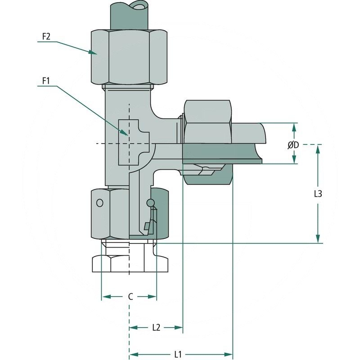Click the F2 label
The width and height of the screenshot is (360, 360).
pyautogui.click(x=46, y=36)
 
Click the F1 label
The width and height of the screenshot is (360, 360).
pyautogui.click(x=46, y=81)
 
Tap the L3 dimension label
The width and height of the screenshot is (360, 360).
pyautogui.click(x=318, y=194)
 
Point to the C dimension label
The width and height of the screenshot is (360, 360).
pyautogui.click(x=130, y=297)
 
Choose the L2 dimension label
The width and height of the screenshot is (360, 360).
pyautogui.click(x=156, y=328)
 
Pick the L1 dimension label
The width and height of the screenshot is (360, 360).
pyautogui.click(x=178, y=354)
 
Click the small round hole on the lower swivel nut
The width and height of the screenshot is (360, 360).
pyautogui.click(x=100, y=203)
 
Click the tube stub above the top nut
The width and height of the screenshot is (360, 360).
pyautogui.click(x=129, y=16)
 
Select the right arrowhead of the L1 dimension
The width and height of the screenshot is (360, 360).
pyautogui.click(x=230, y=354)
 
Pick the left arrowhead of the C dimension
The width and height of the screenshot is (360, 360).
pyautogui.click(x=103, y=297)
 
